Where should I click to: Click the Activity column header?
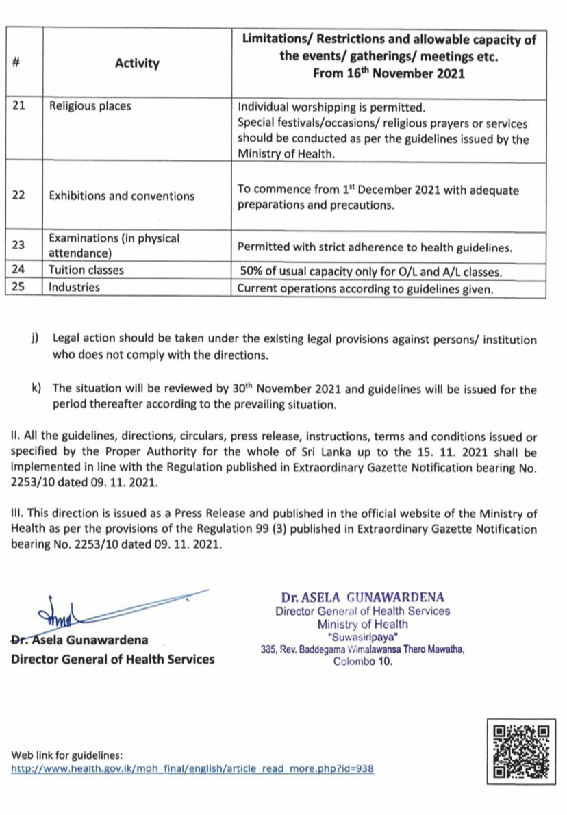click(x=137, y=64)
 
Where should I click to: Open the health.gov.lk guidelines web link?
click(x=192, y=769)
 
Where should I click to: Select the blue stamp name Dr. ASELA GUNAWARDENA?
click(x=363, y=597)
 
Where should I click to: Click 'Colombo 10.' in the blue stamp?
click(x=363, y=662)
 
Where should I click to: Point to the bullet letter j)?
click(x=36, y=340)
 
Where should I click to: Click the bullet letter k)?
click(x=36, y=389)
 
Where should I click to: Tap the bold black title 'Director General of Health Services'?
click(x=112, y=660)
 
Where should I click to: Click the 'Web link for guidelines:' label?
click(x=67, y=755)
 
